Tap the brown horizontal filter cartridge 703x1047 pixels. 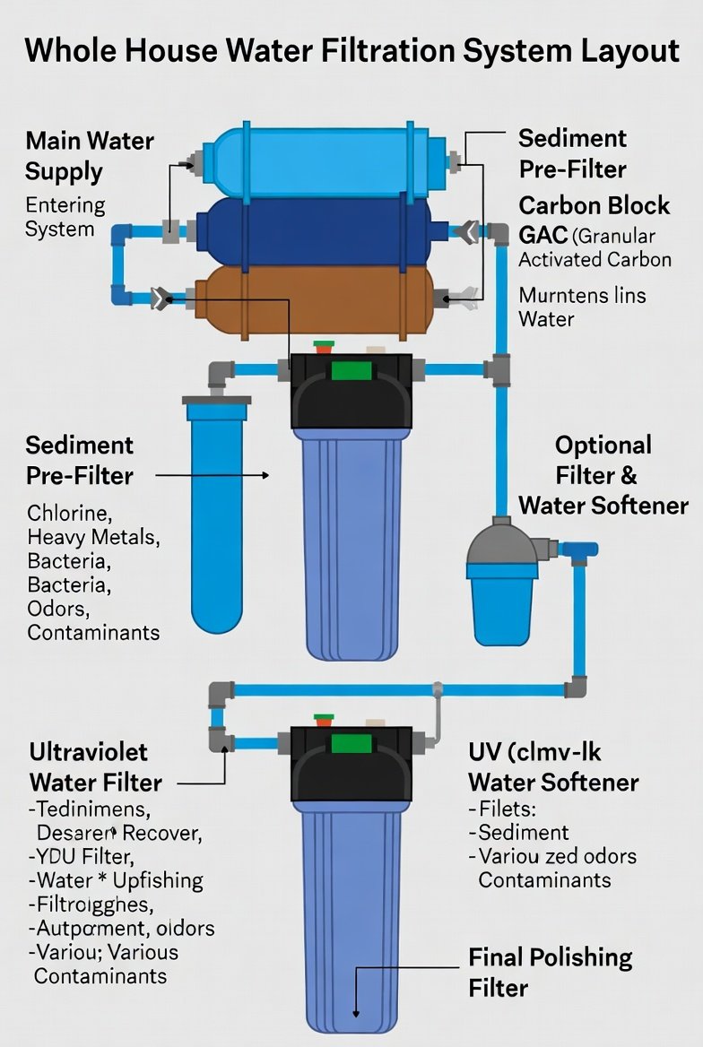tap(314, 299)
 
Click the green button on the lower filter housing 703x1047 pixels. tap(351, 743)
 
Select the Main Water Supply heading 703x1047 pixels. tap(89, 155)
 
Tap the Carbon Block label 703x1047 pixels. tap(594, 205)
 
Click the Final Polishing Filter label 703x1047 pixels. tap(550, 972)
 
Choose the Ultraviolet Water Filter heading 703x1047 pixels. tap(95, 766)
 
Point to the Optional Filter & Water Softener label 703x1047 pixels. tap(603, 475)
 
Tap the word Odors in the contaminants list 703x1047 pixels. tap(58, 609)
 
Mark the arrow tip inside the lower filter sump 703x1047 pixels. tap(357, 1013)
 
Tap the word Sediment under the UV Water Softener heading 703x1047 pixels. tap(524, 832)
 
